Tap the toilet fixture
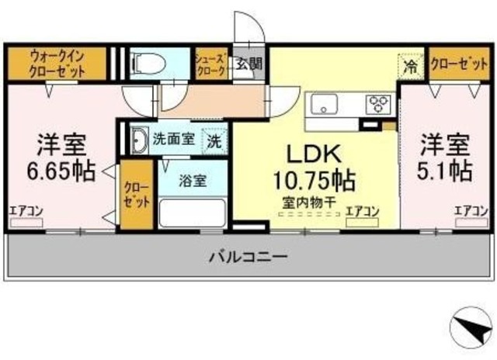pyautogui.click(x=148, y=61)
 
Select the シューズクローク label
pyautogui.click(x=210, y=63)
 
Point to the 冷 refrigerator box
pyautogui.click(x=411, y=66)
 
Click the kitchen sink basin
pyautogui.click(x=323, y=104)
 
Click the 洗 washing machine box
pyautogui.click(x=213, y=141)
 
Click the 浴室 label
pyautogui.click(x=193, y=181)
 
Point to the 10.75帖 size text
pyautogui.click(x=314, y=181)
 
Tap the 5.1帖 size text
pyautogui.click(x=446, y=170)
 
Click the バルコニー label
pyautogui.click(x=248, y=256)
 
